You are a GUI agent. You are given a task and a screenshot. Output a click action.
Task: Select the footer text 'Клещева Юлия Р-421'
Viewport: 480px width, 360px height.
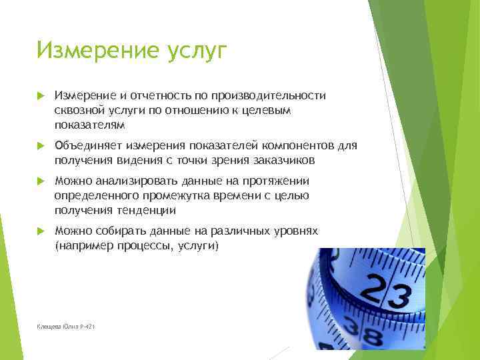pos(67,327)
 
